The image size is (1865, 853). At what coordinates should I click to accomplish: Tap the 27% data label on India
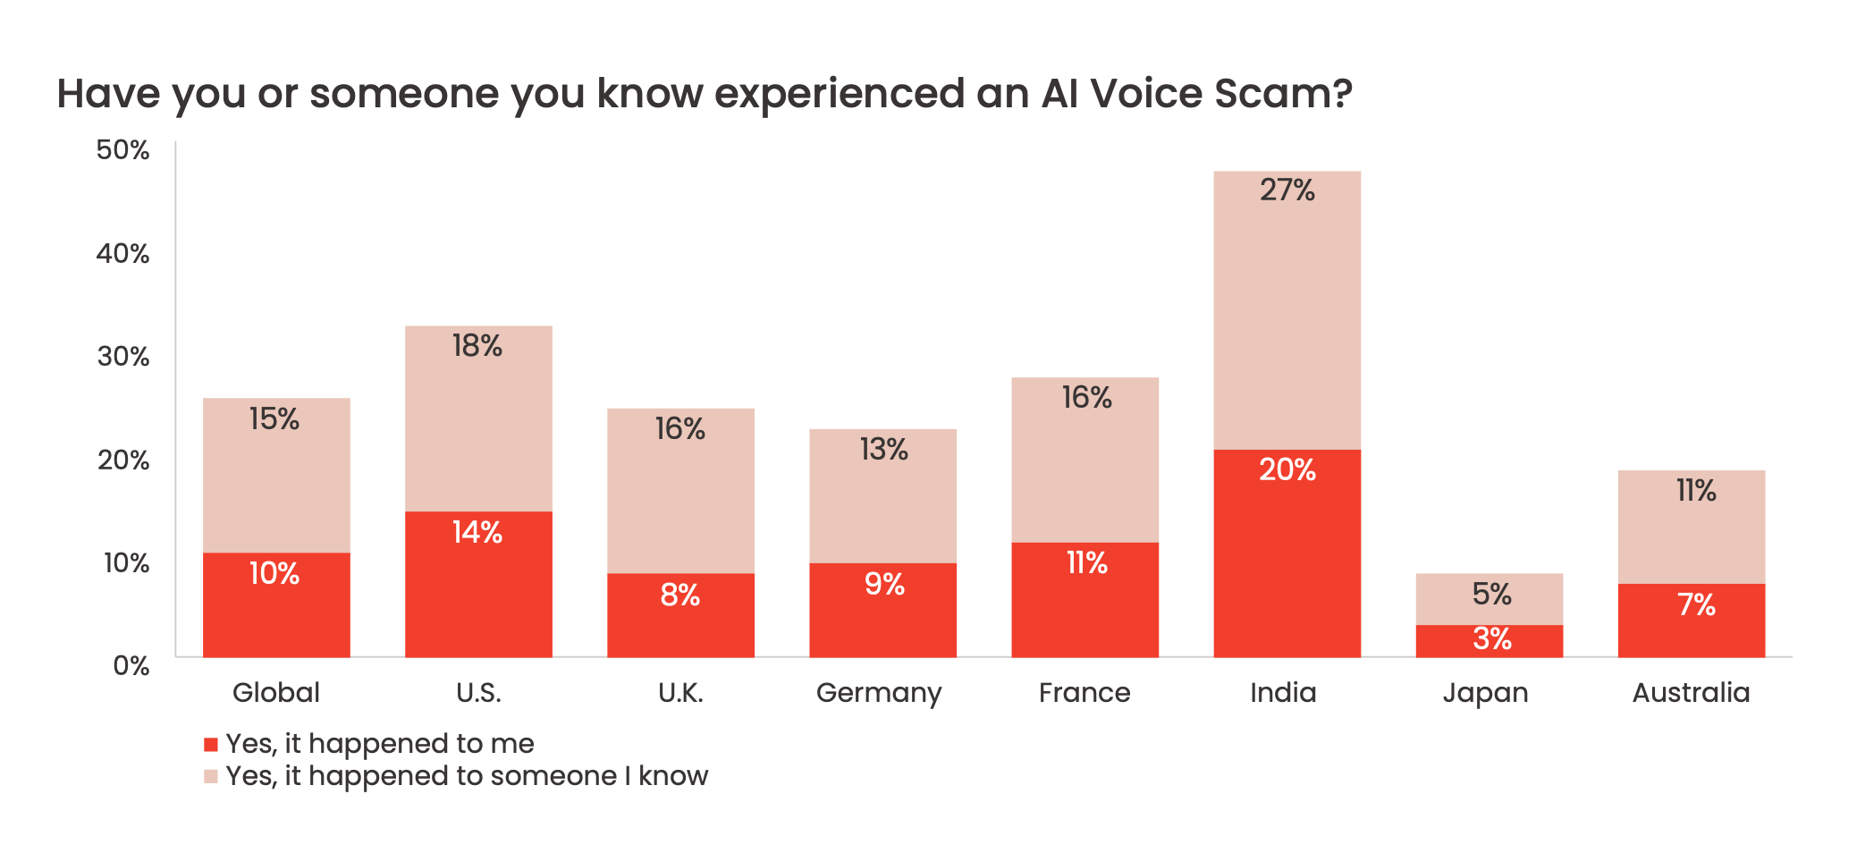tap(1287, 190)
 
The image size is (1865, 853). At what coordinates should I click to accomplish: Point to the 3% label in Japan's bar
tap(1491, 639)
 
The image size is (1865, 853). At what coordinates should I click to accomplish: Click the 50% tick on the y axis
tap(123, 149)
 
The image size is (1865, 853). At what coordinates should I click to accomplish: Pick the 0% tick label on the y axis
tap(131, 666)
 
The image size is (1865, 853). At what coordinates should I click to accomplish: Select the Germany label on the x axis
tap(879, 693)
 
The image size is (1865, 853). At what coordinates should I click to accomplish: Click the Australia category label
tap(1691, 693)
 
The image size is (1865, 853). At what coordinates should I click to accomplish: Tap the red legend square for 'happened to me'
tap(211, 744)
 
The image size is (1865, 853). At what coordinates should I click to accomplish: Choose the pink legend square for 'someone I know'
tap(211, 776)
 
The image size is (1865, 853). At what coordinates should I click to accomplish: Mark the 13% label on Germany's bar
tap(883, 450)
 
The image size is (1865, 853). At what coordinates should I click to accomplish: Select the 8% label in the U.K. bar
tap(679, 595)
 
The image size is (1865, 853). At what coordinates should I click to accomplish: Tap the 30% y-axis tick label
tap(123, 357)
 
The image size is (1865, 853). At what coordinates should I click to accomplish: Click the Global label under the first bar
tap(275, 693)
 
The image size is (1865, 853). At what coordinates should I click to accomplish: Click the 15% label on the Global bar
tap(274, 419)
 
